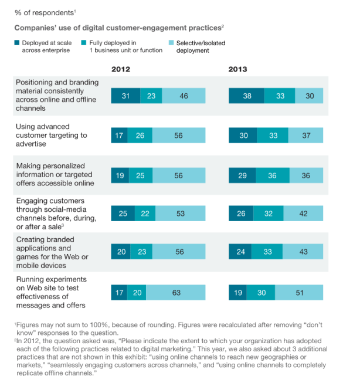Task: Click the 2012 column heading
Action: tap(121, 69)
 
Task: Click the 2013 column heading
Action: tap(237, 69)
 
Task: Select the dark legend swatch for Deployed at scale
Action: tap(17, 43)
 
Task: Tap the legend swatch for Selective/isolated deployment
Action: tap(172, 43)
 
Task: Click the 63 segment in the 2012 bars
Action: tap(176, 293)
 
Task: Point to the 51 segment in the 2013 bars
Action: tap(298, 293)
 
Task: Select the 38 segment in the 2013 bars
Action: tap(246, 96)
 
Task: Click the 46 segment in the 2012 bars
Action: tap(184, 96)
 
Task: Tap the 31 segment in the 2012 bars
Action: tap(125, 96)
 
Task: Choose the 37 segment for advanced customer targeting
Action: tap(305, 136)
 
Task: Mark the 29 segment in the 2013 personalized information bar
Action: tap(242, 175)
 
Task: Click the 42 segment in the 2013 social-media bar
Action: tap(303, 214)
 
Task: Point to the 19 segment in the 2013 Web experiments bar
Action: tap(237, 293)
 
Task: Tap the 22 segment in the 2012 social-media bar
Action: tap(145, 214)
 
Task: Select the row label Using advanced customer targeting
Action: tap(51, 135)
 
